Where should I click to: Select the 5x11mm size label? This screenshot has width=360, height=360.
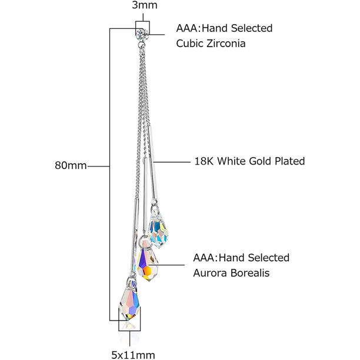pyautogui.click(x=133, y=354)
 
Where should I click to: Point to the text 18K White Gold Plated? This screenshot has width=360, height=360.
pyautogui.click(x=249, y=161)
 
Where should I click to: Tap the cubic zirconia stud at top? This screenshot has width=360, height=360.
pyautogui.click(x=142, y=32)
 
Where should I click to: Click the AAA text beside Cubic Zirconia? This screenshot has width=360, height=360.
pyautogui.click(x=186, y=28)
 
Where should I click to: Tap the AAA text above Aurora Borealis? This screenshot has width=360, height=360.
pyautogui.click(x=203, y=258)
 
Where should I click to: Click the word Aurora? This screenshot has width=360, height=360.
pyautogui.click(x=209, y=272)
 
